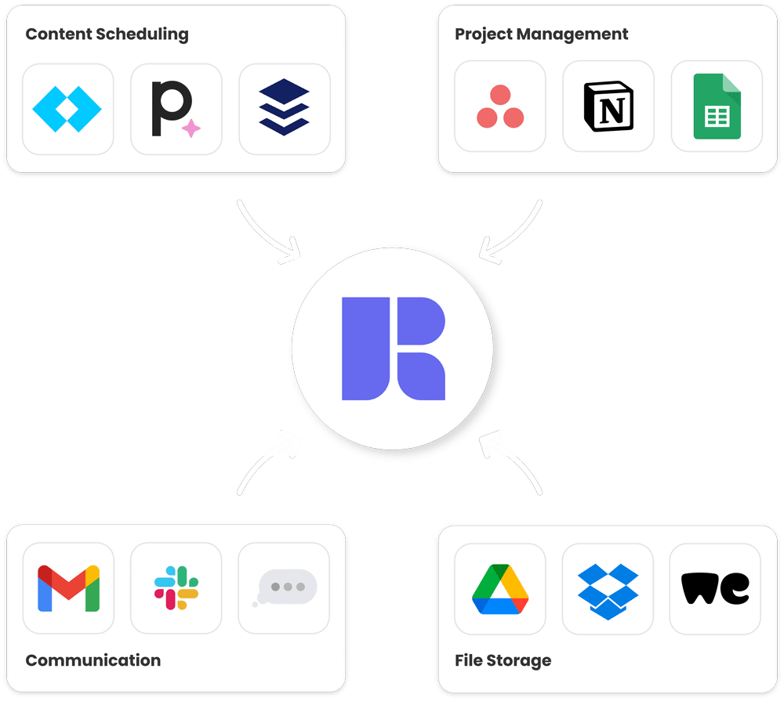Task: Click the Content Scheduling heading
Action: click(107, 34)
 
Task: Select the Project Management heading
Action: click(541, 34)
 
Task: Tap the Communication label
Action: click(93, 660)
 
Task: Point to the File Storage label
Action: click(503, 660)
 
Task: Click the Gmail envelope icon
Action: click(68, 588)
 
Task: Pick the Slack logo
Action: click(176, 588)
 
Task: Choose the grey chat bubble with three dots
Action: click(285, 587)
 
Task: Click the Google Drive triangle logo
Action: click(500, 589)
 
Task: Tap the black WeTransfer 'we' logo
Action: click(715, 588)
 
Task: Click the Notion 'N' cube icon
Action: click(608, 106)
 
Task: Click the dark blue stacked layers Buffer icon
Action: click(284, 108)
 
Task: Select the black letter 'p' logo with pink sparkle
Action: click(172, 108)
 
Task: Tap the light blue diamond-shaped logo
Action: click(67, 108)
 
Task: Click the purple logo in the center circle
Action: click(393, 349)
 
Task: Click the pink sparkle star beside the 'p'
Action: click(191, 128)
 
